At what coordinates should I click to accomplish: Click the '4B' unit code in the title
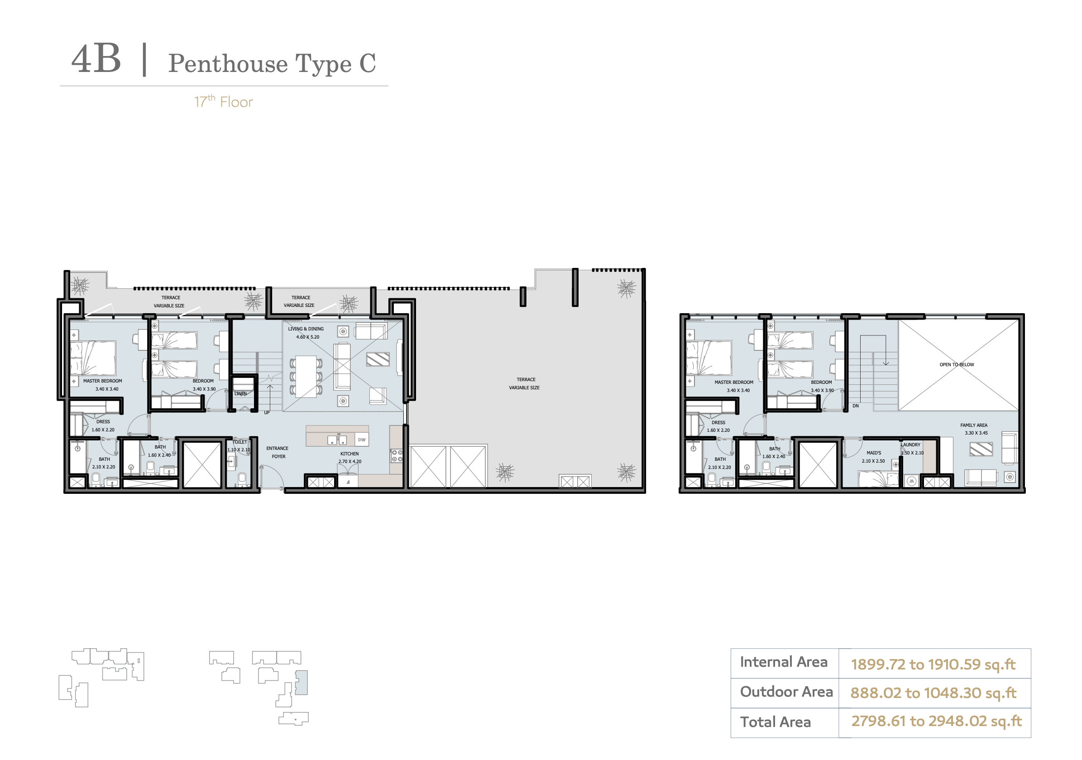[96, 59]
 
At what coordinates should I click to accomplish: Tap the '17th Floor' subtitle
[223, 101]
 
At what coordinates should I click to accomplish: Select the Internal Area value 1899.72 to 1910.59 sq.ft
[933, 664]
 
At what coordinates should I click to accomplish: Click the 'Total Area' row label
[775, 722]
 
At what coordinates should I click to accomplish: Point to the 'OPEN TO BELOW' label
[957, 365]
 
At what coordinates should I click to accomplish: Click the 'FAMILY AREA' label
[974, 425]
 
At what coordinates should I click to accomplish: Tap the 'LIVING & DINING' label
[306, 329]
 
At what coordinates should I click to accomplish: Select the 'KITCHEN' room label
[349, 454]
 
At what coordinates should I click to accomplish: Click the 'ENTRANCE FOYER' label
[278, 452]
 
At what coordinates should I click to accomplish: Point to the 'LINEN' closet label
[240, 393]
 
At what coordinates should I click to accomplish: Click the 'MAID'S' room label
[873, 453]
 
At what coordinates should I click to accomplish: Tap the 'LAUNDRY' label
[910, 445]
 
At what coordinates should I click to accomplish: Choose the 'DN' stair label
[855, 406]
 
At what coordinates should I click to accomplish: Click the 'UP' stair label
[267, 413]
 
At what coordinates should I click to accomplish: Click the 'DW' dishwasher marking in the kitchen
[361, 440]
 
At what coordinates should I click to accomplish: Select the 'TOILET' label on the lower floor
[240, 442]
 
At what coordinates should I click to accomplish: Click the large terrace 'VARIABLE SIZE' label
[524, 388]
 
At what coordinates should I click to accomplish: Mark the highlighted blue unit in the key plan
[302, 682]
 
